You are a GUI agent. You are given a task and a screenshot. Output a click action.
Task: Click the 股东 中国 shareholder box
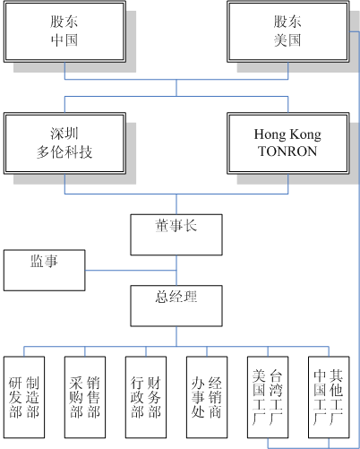[64, 31]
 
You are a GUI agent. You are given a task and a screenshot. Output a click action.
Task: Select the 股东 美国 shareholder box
[288, 31]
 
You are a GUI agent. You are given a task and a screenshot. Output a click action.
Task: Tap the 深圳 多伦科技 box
[64, 143]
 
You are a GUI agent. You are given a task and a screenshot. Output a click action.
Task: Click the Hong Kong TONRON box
[288, 143]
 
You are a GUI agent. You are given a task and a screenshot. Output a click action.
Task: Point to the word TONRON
[287, 151]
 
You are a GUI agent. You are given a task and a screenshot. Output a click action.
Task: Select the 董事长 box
[176, 235]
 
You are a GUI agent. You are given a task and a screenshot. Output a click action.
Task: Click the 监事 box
[45, 271]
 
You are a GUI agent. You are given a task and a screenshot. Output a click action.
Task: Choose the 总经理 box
[176, 306]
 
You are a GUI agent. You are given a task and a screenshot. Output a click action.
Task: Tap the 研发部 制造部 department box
[24, 397]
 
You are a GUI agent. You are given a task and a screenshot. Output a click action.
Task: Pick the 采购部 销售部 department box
[85, 397]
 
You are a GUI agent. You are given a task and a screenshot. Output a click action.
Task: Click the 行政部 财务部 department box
[146, 397]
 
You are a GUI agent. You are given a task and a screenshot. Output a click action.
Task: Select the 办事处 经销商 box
[207, 397]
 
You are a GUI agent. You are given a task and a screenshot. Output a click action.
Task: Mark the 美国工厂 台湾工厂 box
[268, 397]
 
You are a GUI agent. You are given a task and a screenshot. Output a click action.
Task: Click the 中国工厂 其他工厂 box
[329, 397]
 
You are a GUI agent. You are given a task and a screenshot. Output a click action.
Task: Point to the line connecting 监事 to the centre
[131, 271]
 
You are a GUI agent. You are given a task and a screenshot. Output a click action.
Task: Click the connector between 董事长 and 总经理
[176, 271]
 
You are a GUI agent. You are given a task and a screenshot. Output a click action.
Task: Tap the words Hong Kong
[287, 134]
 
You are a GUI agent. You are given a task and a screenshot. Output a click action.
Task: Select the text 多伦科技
[64, 152]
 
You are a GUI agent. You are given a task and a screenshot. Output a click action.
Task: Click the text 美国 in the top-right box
[287, 40]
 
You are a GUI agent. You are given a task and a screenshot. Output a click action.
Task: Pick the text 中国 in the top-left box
[64, 40]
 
